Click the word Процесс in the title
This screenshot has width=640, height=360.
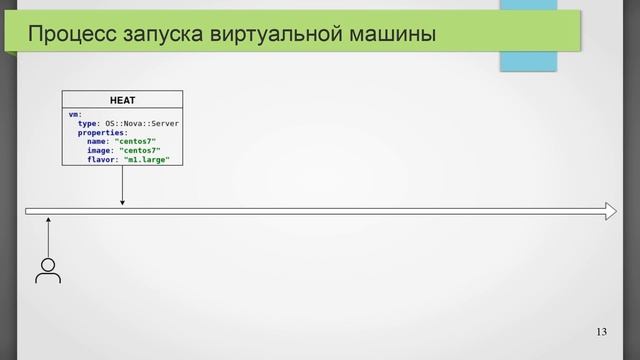pos(65,37)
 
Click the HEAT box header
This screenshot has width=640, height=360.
pos(122,99)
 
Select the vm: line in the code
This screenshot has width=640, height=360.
pos(75,114)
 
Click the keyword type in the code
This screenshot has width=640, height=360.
pos(88,123)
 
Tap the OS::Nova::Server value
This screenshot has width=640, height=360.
pos(142,123)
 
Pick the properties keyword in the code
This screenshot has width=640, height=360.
pos(102,132)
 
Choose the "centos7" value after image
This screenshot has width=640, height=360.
pos(142,150)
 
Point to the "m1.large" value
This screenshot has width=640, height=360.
pos(146,159)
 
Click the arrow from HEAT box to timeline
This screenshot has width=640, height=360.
pos(122,185)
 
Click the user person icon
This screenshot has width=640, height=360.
pos(47,270)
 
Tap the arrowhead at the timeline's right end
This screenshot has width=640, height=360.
pos(611,211)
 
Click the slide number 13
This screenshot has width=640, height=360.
pos(601,332)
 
